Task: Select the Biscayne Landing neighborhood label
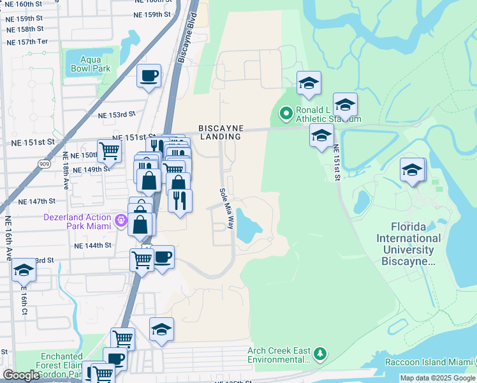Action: click(220, 132)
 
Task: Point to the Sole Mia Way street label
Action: click(226, 209)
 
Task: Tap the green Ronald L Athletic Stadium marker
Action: click(285, 115)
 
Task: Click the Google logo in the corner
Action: click(21, 375)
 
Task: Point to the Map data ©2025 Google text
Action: click(437, 378)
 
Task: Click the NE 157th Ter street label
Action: click(27, 41)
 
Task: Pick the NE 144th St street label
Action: click(92, 245)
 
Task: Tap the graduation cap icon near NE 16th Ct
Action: click(24, 270)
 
